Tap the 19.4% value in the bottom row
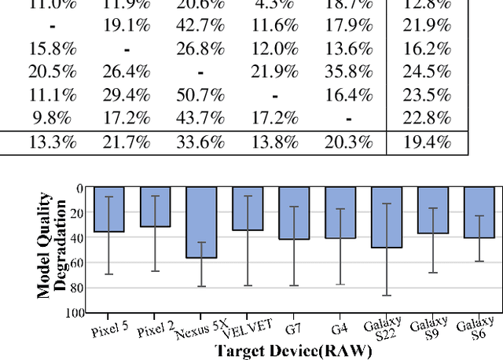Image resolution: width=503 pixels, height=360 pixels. click(429, 142)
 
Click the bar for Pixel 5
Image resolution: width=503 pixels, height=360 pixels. click(108, 210)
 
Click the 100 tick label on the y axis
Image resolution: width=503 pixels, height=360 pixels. click(75, 312)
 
